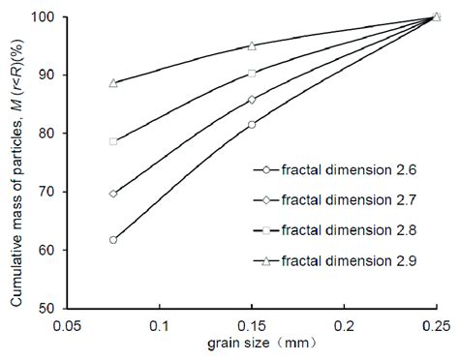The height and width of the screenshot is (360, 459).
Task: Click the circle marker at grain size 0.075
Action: (113, 239)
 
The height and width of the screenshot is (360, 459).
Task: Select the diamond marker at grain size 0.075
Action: (113, 194)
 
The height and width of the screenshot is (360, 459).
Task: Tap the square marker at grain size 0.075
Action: (113, 141)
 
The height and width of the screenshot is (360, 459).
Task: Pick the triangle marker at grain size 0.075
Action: (113, 83)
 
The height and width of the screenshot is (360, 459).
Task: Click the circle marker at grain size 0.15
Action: (252, 125)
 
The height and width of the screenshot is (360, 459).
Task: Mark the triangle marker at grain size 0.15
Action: (252, 45)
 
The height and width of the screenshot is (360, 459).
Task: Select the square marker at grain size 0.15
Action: (252, 74)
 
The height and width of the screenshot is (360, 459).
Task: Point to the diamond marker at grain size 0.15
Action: (252, 100)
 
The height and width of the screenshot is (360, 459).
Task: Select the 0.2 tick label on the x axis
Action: (344, 326)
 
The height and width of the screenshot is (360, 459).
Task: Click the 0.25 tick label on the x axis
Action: (436, 326)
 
